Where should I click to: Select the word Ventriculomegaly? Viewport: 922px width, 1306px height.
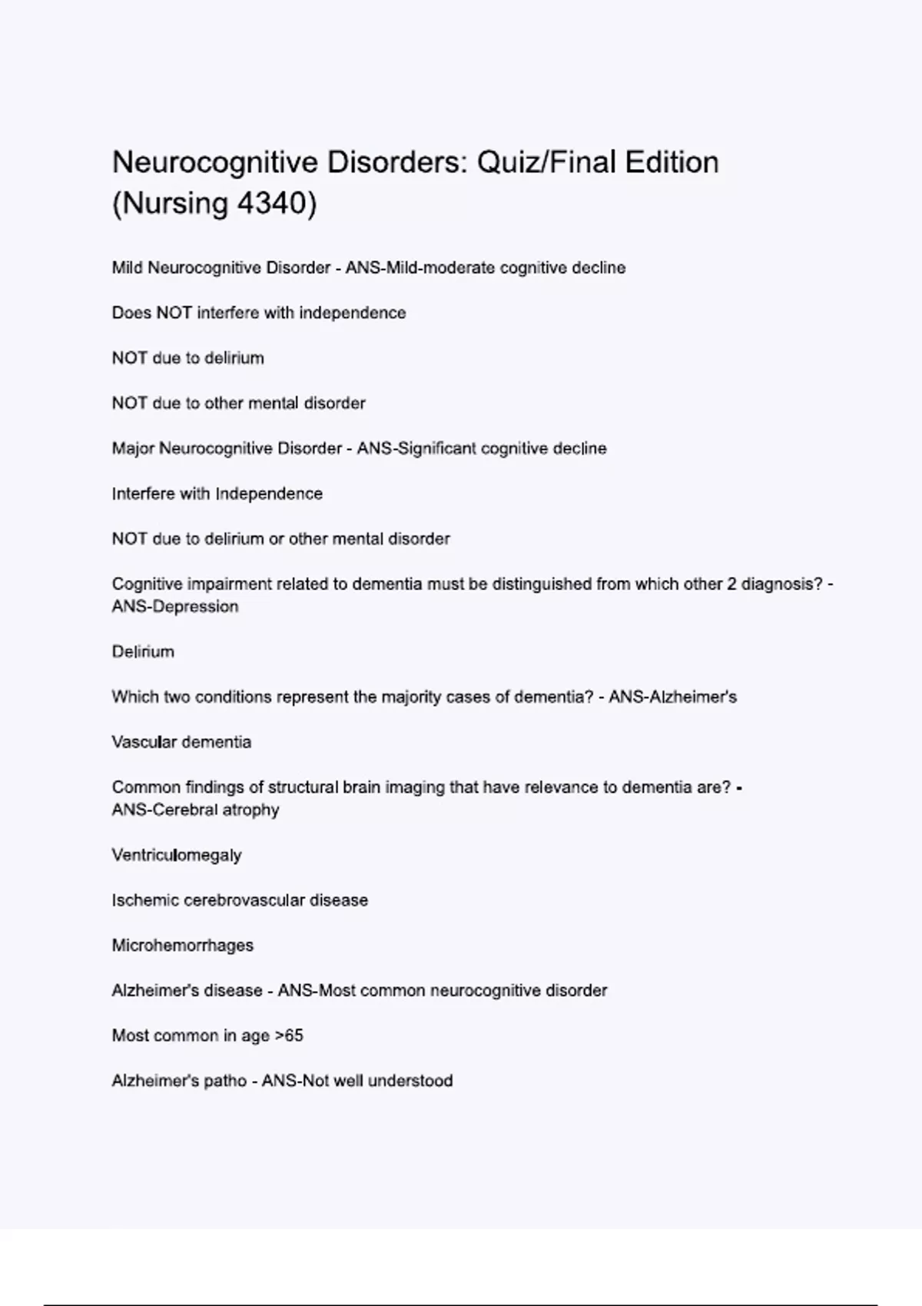click(177, 855)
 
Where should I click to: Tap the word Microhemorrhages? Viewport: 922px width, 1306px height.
click(183, 946)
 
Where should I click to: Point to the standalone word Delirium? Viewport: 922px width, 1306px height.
click(143, 651)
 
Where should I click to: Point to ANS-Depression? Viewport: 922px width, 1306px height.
click(175, 607)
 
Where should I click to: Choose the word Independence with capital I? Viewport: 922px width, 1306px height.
click(269, 494)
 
